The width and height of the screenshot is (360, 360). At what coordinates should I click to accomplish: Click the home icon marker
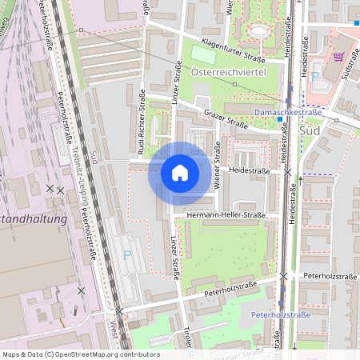[x=180, y=172]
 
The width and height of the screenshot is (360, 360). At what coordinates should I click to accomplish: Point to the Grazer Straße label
[x=225, y=118]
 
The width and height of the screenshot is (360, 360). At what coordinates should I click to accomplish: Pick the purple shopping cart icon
[x=338, y=57]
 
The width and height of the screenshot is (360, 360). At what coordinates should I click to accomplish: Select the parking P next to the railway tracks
[x=127, y=255]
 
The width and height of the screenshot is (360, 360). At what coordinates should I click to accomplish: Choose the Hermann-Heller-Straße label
[x=225, y=215]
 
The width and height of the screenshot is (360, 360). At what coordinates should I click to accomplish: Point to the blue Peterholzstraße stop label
[x=280, y=315]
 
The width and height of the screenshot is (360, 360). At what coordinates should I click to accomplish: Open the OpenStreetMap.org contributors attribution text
[x=80, y=354]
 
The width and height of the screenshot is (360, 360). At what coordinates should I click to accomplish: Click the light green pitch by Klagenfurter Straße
[x=203, y=55]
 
